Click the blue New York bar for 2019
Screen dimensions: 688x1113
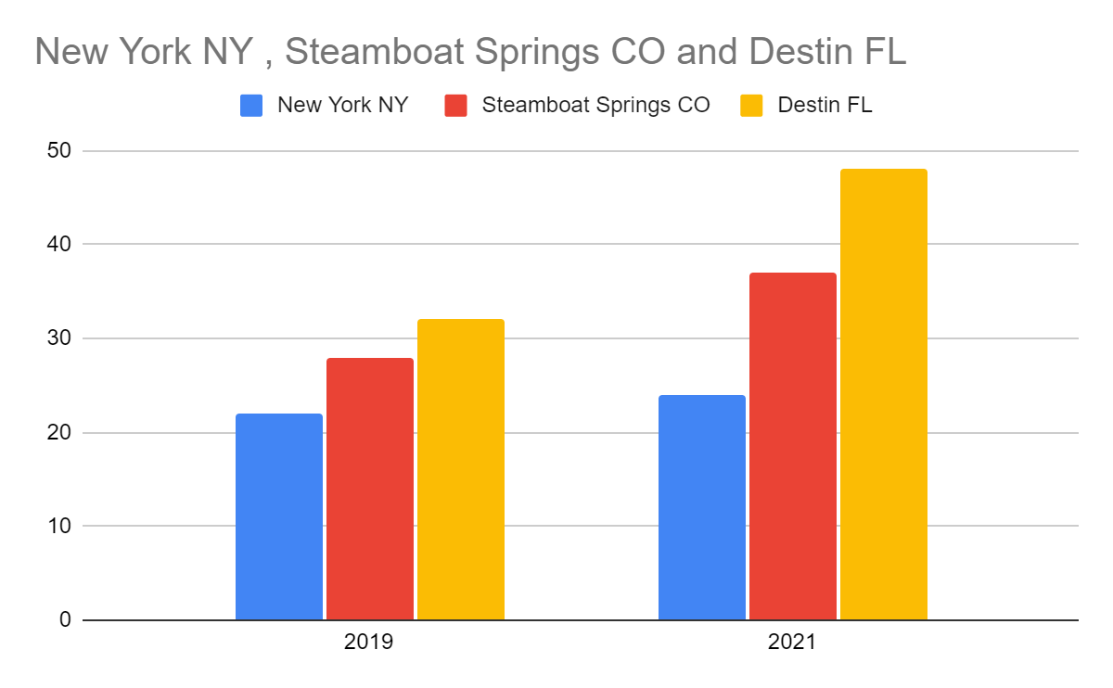[x=279, y=516]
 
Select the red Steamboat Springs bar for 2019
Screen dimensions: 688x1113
[x=370, y=489]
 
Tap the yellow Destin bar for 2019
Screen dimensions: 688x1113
[x=461, y=469]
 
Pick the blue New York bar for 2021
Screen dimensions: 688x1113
[x=702, y=507]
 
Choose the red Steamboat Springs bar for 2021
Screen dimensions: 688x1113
[x=793, y=446]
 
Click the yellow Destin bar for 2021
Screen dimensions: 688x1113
[x=884, y=394]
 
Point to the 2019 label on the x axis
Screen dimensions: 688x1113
[x=368, y=642]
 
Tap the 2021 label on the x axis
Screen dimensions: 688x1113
[x=792, y=642]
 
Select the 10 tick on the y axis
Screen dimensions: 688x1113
[x=58, y=526]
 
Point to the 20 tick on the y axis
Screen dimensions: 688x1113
[x=58, y=432]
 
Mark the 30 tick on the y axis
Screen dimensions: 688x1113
[x=58, y=338]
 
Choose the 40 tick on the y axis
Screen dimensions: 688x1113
[x=58, y=244]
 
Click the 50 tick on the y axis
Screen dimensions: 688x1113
[x=58, y=150]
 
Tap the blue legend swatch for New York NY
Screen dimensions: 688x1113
[x=251, y=105]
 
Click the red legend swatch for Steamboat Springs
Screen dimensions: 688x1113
[x=456, y=105]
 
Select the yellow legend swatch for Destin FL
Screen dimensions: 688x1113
[x=751, y=105]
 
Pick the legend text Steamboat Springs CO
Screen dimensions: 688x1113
[x=595, y=105]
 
